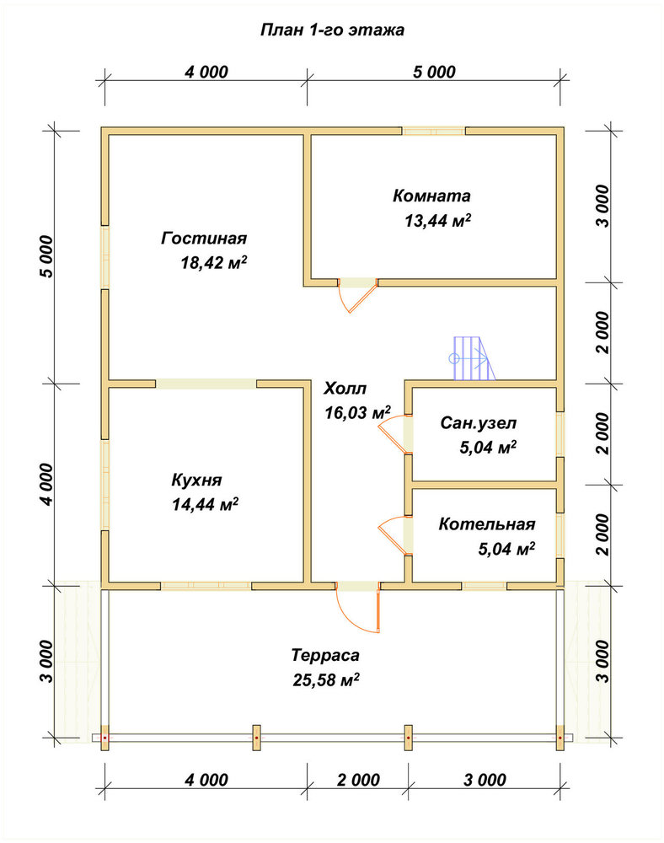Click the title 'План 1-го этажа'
point(332,30)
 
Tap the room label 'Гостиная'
point(204,238)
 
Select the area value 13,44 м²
point(438,220)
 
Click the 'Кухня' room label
point(196,480)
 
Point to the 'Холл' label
point(345,388)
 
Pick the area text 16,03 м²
point(358,412)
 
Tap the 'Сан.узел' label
point(478,423)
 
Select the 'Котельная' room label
point(487,524)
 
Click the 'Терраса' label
point(325,655)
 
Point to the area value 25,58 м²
point(326,679)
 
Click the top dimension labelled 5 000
point(434,72)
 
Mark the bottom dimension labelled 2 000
point(358,780)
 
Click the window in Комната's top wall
point(434,131)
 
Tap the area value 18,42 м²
point(214,263)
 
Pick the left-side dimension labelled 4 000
point(46,484)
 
